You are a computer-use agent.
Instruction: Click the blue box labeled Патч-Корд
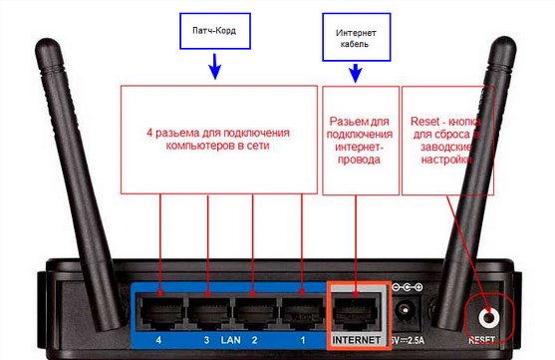(x=213, y=31)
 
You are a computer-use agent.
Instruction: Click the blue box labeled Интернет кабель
(x=356, y=39)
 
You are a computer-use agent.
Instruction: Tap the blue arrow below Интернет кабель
(x=356, y=71)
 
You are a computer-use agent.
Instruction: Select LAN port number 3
(x=207, y=311)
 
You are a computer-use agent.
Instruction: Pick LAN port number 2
(x=254, y=311)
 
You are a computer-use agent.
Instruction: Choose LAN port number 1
(x=301, y=311)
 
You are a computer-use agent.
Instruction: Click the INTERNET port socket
(x=356, y=311)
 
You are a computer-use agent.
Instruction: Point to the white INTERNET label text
(x=356, y=340)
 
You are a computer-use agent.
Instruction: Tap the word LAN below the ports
(x=231, y=339)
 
